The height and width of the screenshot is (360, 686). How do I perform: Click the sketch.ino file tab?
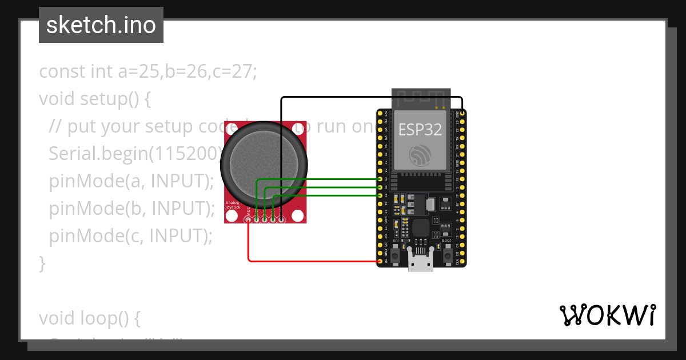point(101,25)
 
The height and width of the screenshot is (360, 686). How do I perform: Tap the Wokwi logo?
point(607,315)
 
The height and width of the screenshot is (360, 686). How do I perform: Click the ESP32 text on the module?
point(420,129)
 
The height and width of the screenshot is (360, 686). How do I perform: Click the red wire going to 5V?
point(314,261)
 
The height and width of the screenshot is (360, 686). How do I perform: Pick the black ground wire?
point(372,97)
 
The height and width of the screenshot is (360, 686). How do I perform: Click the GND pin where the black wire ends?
point(462,114)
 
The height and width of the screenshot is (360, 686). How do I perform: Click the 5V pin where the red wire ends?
point(380,261)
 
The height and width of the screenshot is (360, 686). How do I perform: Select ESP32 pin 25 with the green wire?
point(380,179)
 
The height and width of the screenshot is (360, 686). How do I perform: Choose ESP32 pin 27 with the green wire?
point(380,195)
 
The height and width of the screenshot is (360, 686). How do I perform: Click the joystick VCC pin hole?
point(248,219)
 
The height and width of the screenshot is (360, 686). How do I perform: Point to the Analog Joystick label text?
point(232,205)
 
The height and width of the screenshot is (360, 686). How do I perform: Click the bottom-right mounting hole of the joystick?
point(297,215)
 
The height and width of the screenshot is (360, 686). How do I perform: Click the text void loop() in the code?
point(89,318)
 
